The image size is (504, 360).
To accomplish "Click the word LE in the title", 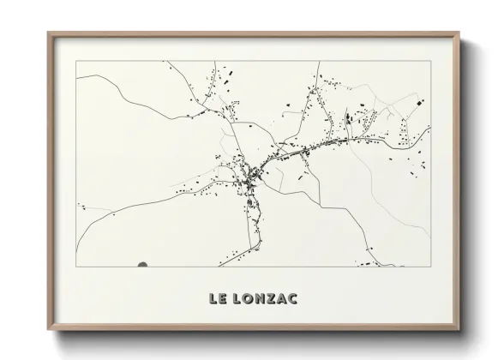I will tap(216, 299).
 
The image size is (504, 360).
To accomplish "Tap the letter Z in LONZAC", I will tap(271, 299).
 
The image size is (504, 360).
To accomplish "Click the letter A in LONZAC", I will tap(282, 299).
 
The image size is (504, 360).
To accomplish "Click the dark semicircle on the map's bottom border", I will tap(142, 264).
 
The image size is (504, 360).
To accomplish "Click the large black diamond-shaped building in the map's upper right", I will tap(420, 102).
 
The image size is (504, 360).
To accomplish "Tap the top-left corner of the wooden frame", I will tap(48, 33).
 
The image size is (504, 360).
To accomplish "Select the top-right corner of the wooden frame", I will tap(459, 33).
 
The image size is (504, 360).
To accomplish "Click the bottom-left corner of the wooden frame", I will tap(48, 330).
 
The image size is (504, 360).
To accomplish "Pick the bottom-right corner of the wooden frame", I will tap(459, 330).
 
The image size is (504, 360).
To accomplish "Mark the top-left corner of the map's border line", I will tap(76, 61).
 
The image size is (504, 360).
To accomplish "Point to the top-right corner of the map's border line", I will tap(430, 61).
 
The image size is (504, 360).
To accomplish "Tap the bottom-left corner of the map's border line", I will tap(76, 267).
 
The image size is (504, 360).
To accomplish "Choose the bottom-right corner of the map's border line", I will tap(430, 267).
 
